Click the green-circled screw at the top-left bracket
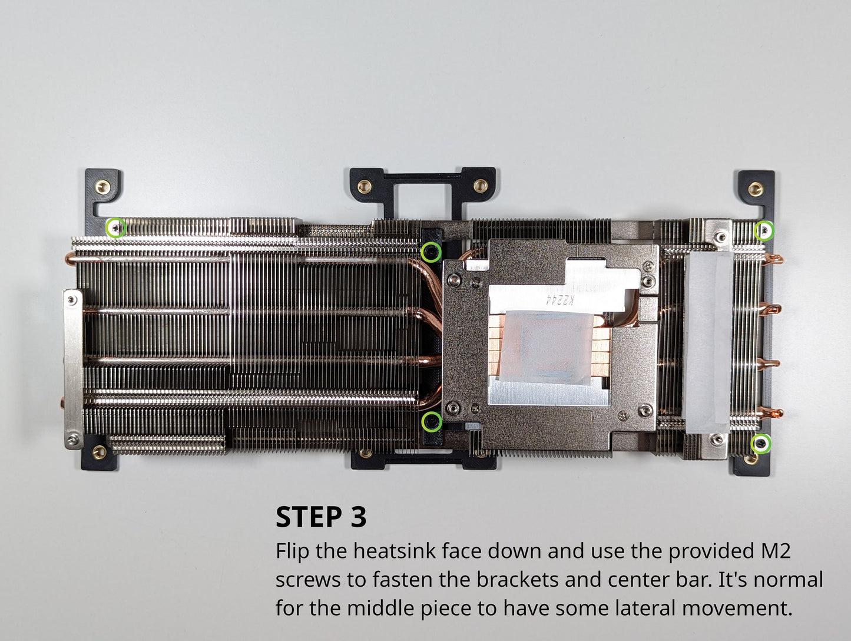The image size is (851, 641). pyautogui.click(x=115, y=228)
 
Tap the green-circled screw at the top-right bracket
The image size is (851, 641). pyautogui.click(x=764, y=231)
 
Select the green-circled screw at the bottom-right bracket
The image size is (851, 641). pyautogui.click(x=761, y=444)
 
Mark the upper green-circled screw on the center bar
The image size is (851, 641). pyautogui.click(x=431, y=252)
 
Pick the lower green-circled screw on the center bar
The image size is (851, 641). pyautogui.click(x=432, y=422)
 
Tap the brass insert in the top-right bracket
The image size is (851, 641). pyautogui.click(x=756, y=189)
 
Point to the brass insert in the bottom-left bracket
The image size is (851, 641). pyautogui.click(x=100, y=452)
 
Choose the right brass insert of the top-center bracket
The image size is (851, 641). pyautogui.click(x=481, y=186)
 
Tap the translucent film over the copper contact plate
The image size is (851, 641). pyautogui.click(x=545, y=346)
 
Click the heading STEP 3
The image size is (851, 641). pyautogui.click(x=321, y=517)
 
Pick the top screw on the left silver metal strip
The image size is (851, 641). pyautogui.click(x=72, y=299)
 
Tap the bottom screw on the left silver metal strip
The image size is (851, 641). pyautogui.click(x=72, y=439)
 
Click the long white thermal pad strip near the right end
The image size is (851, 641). pyautogui.click(x=708, y=342)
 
